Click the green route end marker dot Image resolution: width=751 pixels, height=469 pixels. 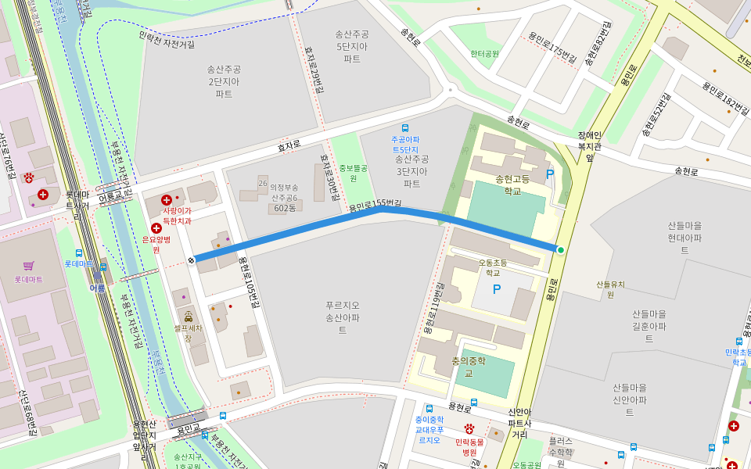coord(561,250)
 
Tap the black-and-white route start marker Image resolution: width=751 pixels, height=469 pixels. coord(192,260)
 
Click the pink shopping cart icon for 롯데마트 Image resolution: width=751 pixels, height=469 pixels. coord(29,266)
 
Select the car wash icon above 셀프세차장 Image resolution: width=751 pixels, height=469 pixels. coord(188,317)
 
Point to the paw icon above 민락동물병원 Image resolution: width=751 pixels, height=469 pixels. coord(469,428)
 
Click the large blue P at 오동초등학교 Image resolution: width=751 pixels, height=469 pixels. coord(496,289)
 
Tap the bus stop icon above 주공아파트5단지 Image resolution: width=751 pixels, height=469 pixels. coord(405,127)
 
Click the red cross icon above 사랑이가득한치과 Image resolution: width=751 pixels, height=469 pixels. coord(166,200)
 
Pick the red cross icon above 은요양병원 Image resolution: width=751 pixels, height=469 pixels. coord(156,228)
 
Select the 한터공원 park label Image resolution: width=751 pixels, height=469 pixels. coord(484,54)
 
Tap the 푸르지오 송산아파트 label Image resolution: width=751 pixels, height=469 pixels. coord(342,317)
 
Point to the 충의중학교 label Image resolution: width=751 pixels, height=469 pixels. coord(469,367)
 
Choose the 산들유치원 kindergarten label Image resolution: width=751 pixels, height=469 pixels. coord(610,289)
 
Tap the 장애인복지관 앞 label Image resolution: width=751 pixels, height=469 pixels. coord(589,145)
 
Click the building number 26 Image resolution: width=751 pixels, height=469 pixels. coord(263,183)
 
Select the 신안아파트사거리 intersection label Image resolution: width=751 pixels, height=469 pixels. coord(519,423)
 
